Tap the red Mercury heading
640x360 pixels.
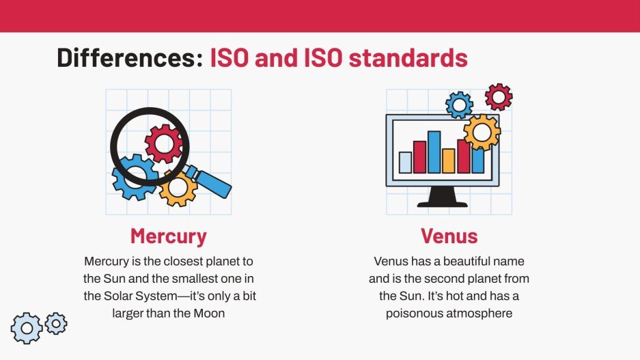(x=168, y=236)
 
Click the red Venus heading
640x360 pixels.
(x=449, y=236)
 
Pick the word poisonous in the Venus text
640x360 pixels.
(x=414, y=314)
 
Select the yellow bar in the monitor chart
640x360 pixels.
(x=449, y=161)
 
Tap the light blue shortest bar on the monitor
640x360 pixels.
(x=406, y=163)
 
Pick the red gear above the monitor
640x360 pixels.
(x=499, y=97)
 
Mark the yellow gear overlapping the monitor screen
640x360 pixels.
(x=482, y=132)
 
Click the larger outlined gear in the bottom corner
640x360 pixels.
(x=27, y=329)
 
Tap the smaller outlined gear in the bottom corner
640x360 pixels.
(x=55, y=323)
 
